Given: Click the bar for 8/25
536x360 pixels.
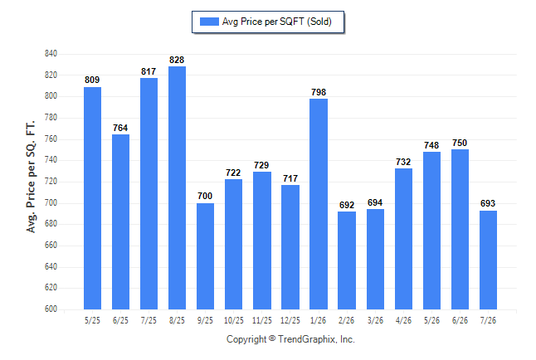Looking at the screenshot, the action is pyautogui.click(x=177, y=187).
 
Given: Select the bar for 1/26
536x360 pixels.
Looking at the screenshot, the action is pyautogui.click(x=319, y=204).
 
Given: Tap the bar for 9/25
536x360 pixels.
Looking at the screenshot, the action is pyautogui.click(x=206, y=256).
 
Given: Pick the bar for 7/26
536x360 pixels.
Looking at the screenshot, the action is pyautogui.click(x=488, y=260).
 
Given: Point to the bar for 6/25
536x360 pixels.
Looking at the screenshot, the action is pyautogui.click(x=120, y=221).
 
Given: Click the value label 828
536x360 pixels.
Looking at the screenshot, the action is pyautogui.click(x=177, y=61).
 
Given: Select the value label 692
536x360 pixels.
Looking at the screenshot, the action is pyautogui.click(x=347, y=205).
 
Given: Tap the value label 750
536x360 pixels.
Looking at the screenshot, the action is pyautogui.click(x=460, y=143).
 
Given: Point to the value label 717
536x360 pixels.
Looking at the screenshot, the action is pyautogui.click(x=290, y=178).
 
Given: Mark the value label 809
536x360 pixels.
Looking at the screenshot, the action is pyautogui.click(x=92, y=80).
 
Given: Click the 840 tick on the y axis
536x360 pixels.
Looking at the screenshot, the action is pyautogui.click(x=51, y=54).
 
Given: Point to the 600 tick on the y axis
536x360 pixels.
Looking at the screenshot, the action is pyautogui.click(x=51, y=309).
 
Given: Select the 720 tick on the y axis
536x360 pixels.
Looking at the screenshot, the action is pyautogui.click(x=51, y=181).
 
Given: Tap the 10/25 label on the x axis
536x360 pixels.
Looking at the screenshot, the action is pyautogui.click(x=234, y=321).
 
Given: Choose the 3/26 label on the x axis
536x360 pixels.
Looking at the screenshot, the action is pyautogui.click(x=375, y=321).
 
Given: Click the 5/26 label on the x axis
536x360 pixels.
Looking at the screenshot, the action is pyautogui.click(x=431, y=321).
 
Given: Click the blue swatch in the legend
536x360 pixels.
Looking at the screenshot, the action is pyautogui.click(x=209, y=22).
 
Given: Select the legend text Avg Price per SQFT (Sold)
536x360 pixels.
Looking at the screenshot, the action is pyautogui.click(x=277, y=22).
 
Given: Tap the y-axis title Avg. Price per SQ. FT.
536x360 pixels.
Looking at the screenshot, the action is pyautogui.click(x=31, y=177).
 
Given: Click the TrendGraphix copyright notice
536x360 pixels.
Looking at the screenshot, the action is pyautogui.click(x=290, y=339).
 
